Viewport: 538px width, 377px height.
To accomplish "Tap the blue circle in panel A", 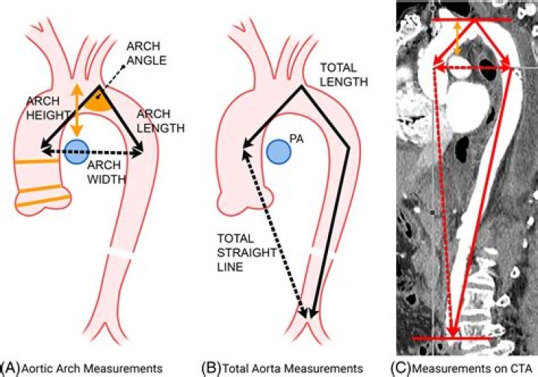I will click(76, 153).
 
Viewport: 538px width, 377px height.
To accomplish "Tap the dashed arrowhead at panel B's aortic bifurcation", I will click(303, 313).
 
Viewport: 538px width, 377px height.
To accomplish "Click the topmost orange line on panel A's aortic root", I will click(37, 160).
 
